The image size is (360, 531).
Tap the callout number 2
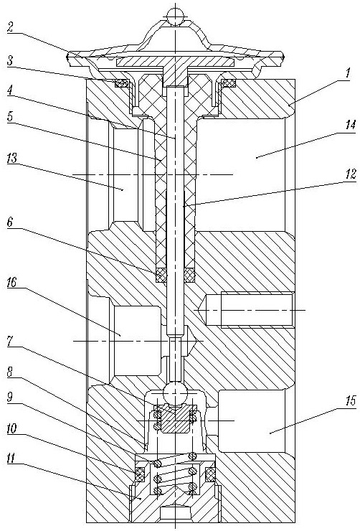coord(11,27)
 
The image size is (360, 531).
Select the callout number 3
coord(11,62)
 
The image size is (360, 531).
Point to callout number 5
coord(11,116)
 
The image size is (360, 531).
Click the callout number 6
coord(11,222)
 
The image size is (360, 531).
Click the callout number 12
coord(351,174)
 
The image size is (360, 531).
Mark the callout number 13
coord(12,158)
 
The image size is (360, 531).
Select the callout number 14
coord(351,125)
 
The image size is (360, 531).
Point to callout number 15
coord(351,400)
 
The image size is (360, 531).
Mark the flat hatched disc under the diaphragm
coord(175,62)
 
